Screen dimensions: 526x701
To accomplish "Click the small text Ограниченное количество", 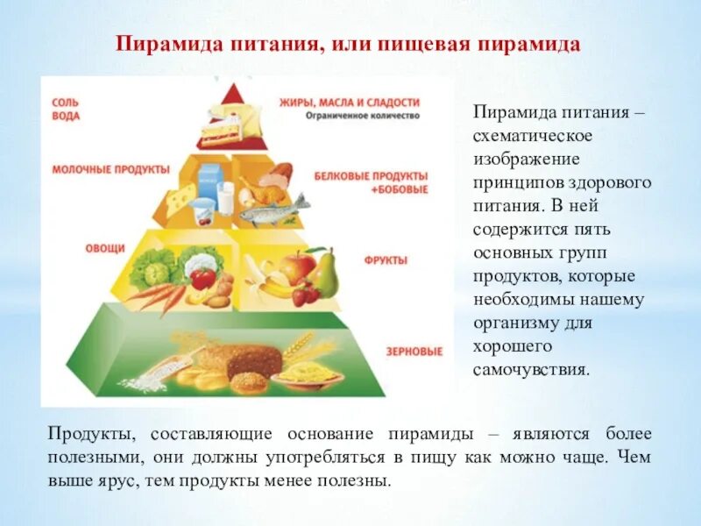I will point(363,116).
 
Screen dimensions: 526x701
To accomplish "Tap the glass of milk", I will point(226,197).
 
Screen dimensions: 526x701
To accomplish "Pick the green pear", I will point(325,273).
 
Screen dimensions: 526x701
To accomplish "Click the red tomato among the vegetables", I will point(202,279).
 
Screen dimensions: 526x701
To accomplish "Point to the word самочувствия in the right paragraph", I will point(532,369).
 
